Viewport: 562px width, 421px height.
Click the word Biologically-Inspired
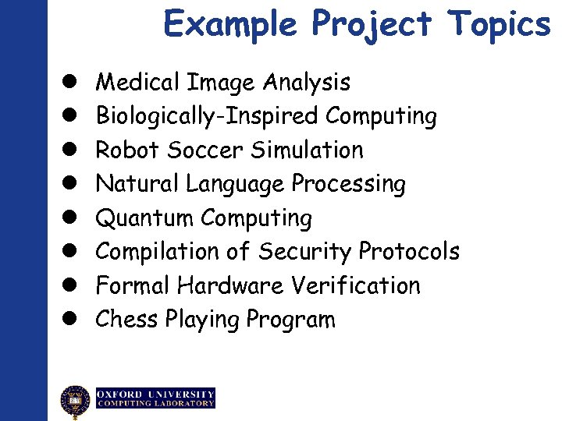208,116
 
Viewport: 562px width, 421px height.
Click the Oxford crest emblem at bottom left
76,402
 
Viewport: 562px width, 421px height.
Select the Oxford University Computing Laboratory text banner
155,398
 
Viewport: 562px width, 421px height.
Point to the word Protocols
408,252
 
